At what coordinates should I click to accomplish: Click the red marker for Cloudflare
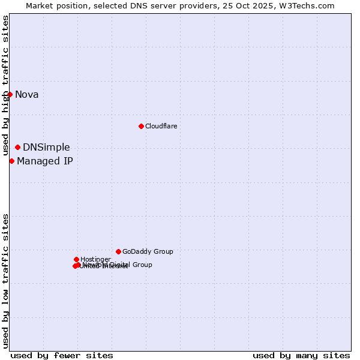point(141,126)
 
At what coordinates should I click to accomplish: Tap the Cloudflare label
point(161,126)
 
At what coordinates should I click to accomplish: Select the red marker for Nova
point(10,94)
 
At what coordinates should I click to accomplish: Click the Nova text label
point(26,94)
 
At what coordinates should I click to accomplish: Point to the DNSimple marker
point(17,147)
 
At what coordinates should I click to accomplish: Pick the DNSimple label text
point(46,148)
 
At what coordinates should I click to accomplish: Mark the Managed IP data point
point(11,161)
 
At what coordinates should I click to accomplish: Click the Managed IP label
point(45,161)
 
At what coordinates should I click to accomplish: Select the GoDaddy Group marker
point(118,251)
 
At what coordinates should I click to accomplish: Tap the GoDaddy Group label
point(148,252)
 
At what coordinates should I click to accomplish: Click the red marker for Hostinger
point(76,259)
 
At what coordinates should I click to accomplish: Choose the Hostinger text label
point(95,259)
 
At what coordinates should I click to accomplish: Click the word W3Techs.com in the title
point(308,5)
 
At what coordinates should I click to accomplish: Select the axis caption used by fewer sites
point(62,355)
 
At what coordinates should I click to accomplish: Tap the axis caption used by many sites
point(301,355)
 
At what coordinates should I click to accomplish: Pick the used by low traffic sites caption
point(5,281)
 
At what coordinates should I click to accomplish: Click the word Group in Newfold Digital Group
point(142,265)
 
